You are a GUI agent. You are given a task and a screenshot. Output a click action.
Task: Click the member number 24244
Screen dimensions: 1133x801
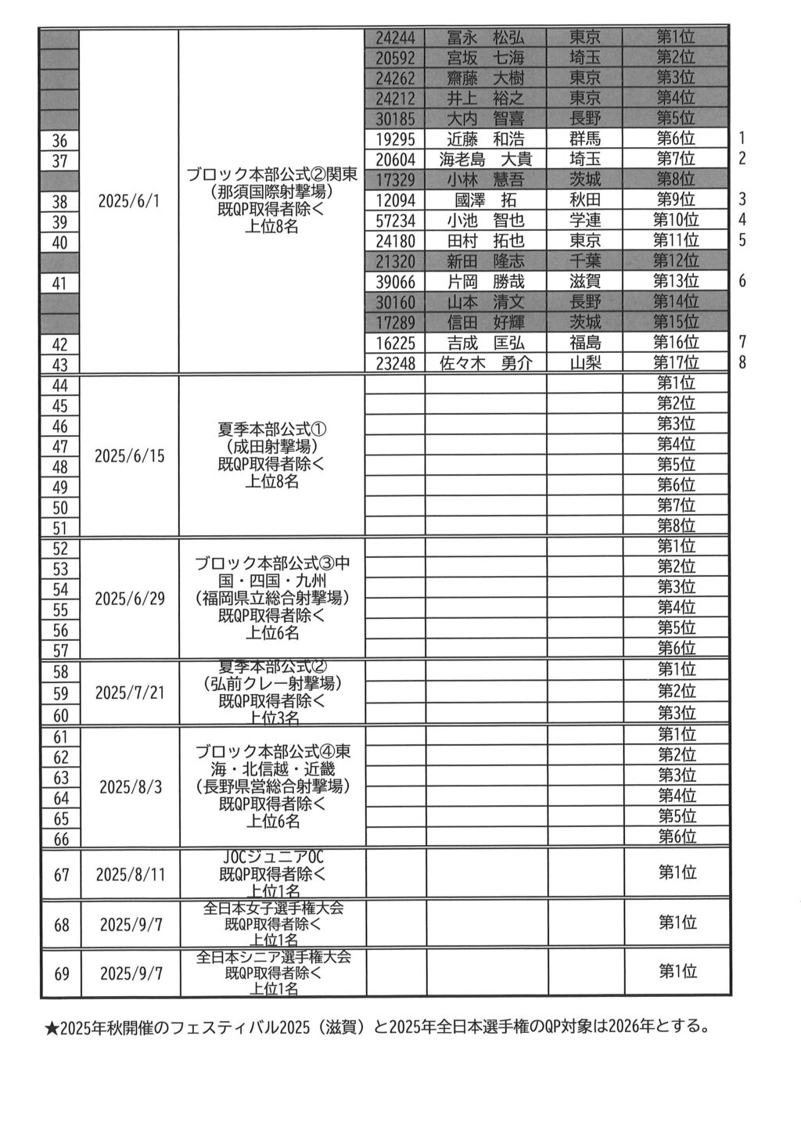pyautogui.click(x=395, y=38)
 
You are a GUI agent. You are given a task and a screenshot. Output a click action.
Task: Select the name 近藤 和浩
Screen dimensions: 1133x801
pyautogui.click(x=485, y=139)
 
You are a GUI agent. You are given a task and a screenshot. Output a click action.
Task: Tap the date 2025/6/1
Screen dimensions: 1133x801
pyautogui.click(x=129, y=200)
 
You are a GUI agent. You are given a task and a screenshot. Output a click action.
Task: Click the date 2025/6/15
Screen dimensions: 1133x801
pyautogui.click(x=130, y=455)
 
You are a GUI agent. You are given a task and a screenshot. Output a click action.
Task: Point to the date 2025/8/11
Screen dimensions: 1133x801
pyautogui.click(x=131, y=874)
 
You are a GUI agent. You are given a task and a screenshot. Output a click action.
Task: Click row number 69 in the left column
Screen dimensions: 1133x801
pyautogui.click(x=61, y=974)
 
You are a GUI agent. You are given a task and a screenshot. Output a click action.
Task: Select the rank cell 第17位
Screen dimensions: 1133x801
pyautogui.click(x=676, y=362)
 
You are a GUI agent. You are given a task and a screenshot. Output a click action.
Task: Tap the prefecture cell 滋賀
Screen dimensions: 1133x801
pyautogui.click(x=585, y=282)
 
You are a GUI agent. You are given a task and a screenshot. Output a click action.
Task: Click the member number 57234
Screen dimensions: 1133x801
pyautogui.click(x=395, y=221)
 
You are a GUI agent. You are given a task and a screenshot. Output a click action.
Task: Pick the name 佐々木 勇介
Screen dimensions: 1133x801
pyautogui.click(x=485, y=363)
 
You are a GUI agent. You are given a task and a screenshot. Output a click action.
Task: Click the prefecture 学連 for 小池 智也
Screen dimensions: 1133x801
pyautogui.click(x=585, y=221)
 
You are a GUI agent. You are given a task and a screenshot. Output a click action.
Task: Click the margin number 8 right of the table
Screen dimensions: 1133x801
pyautogui.click(x=742, y=362)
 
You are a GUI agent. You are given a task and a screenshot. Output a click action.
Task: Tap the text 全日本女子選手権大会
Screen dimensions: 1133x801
pyautogui.click(x=273, y=908)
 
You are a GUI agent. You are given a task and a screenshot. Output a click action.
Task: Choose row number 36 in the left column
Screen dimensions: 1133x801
pyautogui.click(x=59, y=141)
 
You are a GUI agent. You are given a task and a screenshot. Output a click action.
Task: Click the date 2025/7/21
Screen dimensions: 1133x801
pyautogui.click(x=130, y=692)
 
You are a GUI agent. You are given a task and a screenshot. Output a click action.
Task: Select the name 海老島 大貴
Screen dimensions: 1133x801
pyautogui.click(x=485, y=160)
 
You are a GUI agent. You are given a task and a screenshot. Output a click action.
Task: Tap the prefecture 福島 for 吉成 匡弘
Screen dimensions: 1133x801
pyautogui.click(x=585, y=343)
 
